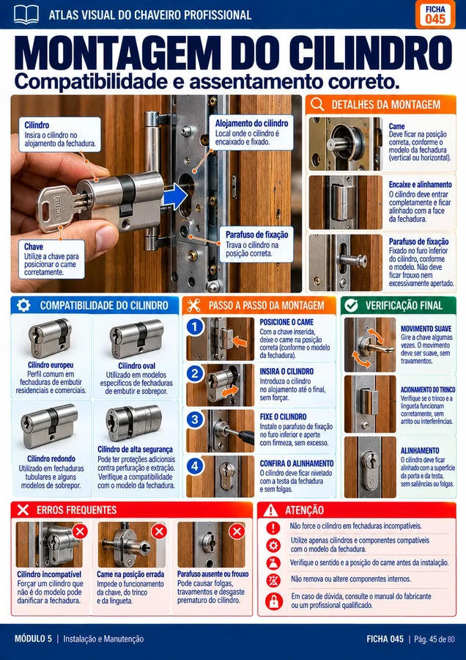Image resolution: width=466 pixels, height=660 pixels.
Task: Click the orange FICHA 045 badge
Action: point(435,15)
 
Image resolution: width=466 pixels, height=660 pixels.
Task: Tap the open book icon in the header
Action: point(26,15)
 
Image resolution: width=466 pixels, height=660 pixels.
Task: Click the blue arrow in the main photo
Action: point(175,196)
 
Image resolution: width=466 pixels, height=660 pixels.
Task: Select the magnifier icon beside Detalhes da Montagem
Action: point(317,104)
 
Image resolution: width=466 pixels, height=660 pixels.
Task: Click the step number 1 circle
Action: point(195,326)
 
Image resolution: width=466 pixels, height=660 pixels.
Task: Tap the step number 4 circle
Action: point(195,466)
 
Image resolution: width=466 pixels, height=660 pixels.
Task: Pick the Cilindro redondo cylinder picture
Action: point(49,425)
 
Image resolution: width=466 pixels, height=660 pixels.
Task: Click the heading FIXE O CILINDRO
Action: point(283,417)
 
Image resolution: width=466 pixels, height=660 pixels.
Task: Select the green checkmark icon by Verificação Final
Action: point(351,305)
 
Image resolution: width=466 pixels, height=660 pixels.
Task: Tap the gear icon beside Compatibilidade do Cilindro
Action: point(23,305)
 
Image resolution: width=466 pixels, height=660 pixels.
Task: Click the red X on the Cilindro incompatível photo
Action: point(79,531)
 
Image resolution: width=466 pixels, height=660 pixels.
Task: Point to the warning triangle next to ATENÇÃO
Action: point(270,510)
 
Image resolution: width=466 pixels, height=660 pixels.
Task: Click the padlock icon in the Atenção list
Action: point(273,601)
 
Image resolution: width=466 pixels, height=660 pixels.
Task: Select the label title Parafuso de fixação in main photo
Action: point(256,235)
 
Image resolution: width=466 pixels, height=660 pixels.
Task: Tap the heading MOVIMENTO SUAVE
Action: point(426,329)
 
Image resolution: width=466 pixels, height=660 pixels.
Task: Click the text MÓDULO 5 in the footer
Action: point(33,639)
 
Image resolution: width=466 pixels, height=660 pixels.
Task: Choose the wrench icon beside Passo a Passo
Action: point(194,305)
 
